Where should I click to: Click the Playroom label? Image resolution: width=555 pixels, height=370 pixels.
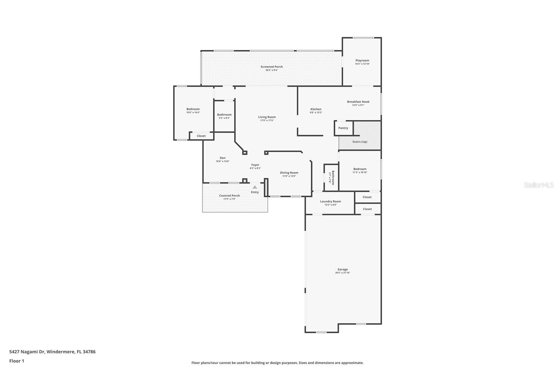pyautogui.click(x=362, y=60)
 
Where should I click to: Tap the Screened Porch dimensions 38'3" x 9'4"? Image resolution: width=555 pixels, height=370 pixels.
pyautogui.click(x=272, y=70)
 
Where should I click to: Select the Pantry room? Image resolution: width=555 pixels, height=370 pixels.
pyautogui.click(x=343, y=128)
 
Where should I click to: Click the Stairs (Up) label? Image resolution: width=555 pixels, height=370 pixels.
pyautogui.click(x=360, y=142)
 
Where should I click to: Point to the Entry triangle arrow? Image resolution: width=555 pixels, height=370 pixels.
pyautogui.click(x=255, y=187)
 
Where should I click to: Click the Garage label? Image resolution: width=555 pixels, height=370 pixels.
pyautogui.click(x=342, y=269)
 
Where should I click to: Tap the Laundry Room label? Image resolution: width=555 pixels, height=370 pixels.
pyautogui.click(x=330, y=201)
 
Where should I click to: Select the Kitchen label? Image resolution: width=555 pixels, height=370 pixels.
pyautogui.click(x=316, y=109)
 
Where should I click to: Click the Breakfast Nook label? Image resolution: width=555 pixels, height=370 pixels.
pyautogui.click(x=358, y=102)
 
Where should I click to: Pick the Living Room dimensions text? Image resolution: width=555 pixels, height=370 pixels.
pyautogui.click(x=267, y=120)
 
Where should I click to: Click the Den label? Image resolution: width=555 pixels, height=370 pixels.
pyautogui.click(x=222, y=158)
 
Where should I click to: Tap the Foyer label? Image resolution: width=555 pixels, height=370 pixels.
pyautogui.click(x=255, y=165)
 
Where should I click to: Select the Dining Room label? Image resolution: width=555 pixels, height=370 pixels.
pyautogui.click(x=289, y=173)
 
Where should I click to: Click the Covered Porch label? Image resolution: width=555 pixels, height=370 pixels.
pyautogui.click(x=229, y=195)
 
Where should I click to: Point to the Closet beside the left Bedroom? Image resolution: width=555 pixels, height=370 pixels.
pyautogui.click(x=201, y=136)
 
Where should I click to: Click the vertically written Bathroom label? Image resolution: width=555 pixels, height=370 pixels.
pyautogui.click(x=333, y=177)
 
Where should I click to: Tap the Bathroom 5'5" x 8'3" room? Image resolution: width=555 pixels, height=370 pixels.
pyautogui.click(x=224, y=116)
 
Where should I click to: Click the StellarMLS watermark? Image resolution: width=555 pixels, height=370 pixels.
pyautogui.click(x=538, y=185)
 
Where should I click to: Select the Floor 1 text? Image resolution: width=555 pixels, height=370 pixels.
pyautogui.click(x=17, y=361)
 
